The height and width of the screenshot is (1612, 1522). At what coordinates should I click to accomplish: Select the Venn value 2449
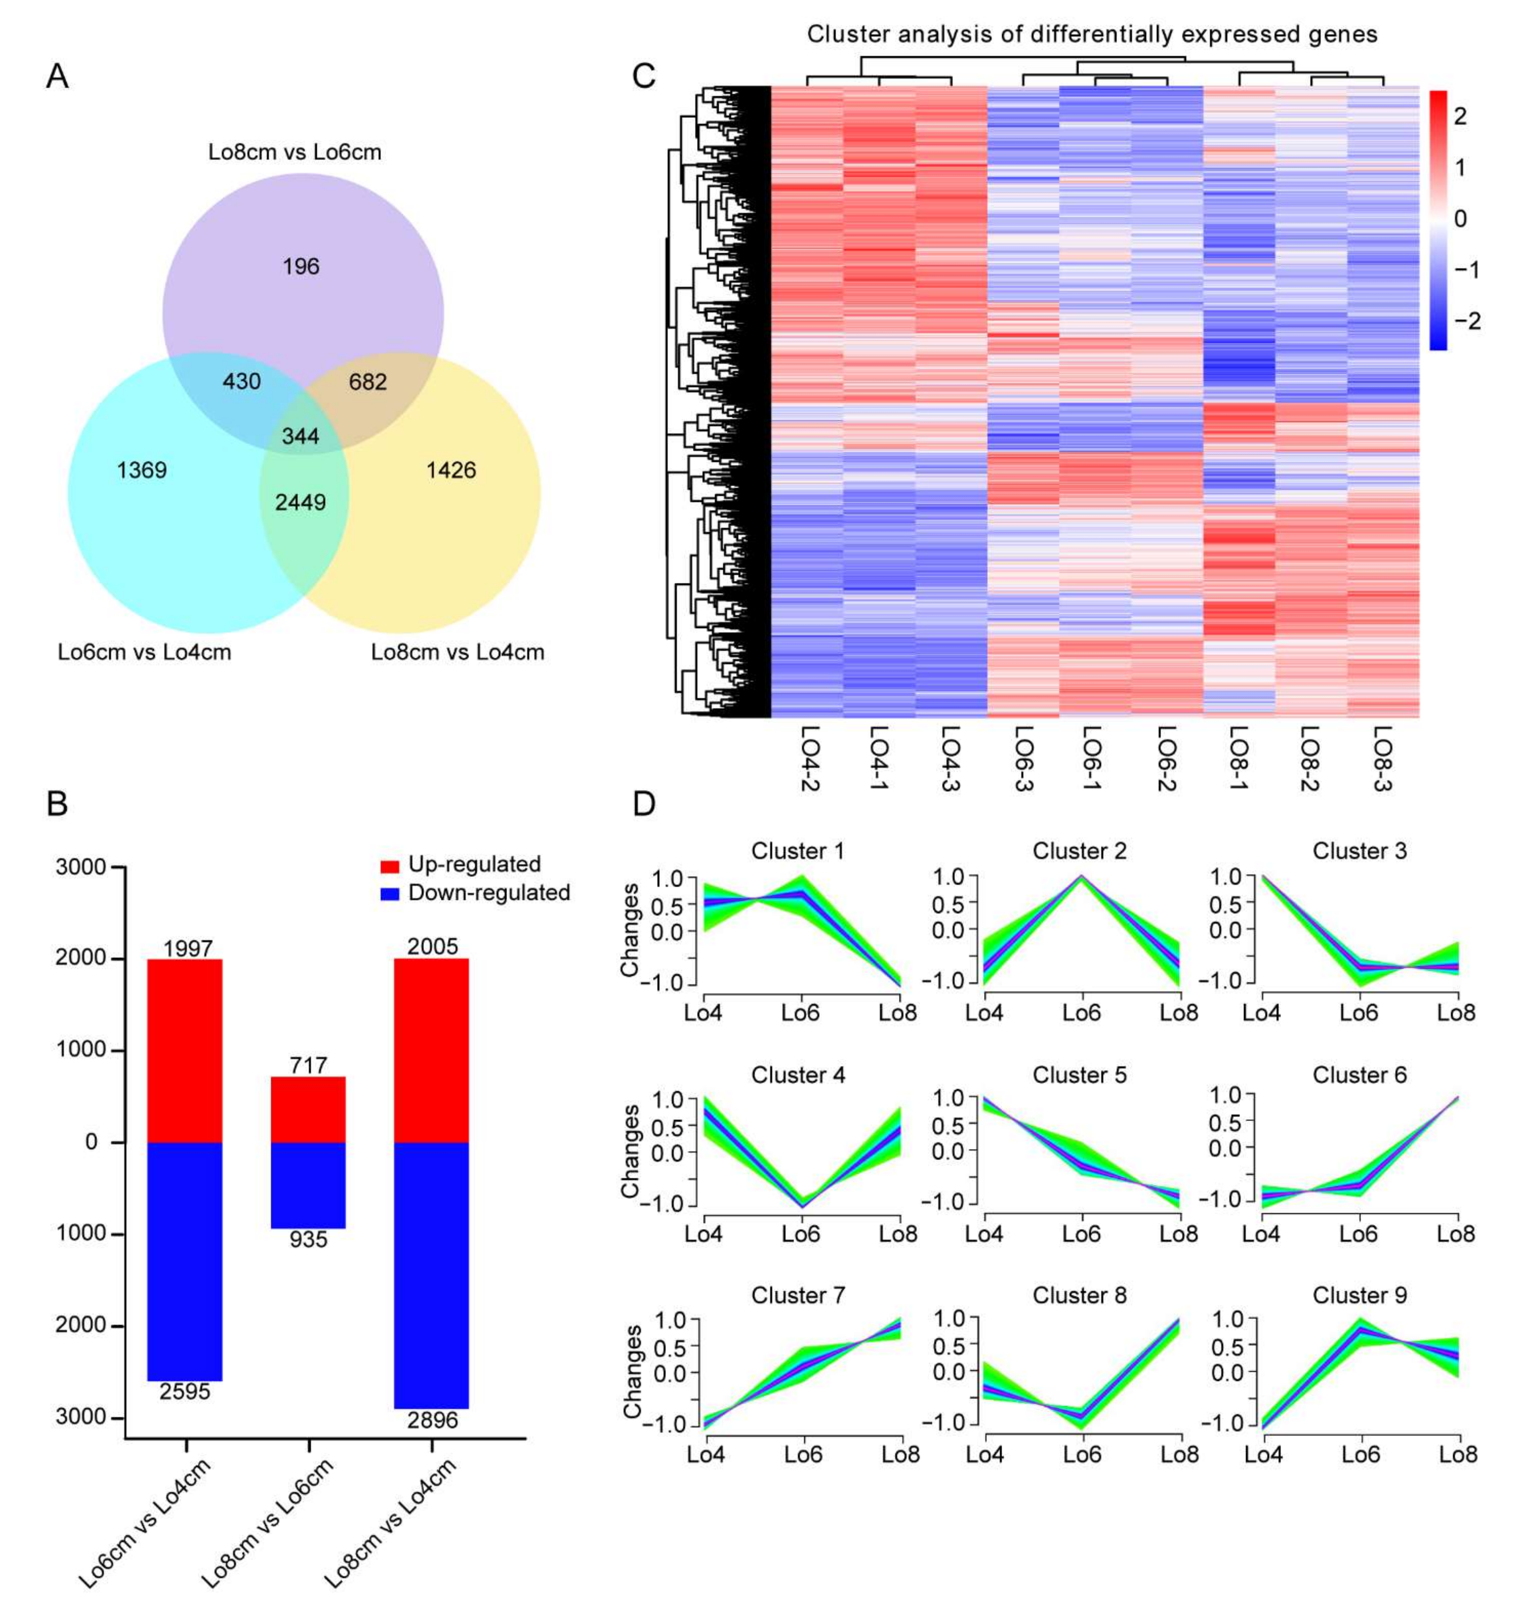tap(300, 503)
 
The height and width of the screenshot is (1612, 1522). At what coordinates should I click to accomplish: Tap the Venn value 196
tap(301, 266)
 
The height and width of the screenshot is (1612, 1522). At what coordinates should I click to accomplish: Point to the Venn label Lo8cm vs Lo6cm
tap(295, 152)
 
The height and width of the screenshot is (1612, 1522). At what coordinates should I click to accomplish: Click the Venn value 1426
tap(451, 470)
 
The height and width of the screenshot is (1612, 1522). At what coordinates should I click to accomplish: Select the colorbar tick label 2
tap(1461, 116)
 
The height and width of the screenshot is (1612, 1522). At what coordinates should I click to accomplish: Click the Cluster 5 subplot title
tap(1079, 1075)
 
